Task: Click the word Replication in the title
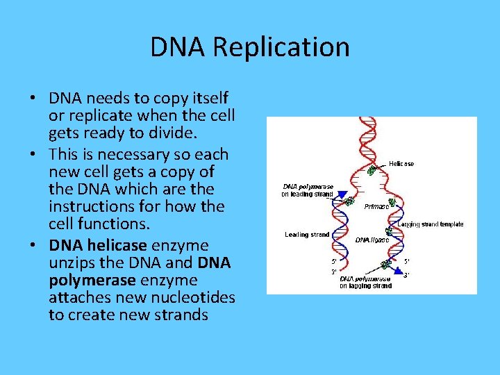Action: point(281,48)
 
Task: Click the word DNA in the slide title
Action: point(178,48)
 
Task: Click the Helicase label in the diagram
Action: point(401,164)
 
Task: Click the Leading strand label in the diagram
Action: point(306,235)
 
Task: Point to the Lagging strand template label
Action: point(431,224)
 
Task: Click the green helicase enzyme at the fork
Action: point(373,169)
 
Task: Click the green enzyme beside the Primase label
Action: point(393,202)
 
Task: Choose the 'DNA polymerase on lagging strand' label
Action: point(365,282)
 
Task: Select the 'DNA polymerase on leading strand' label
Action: point(307,190)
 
